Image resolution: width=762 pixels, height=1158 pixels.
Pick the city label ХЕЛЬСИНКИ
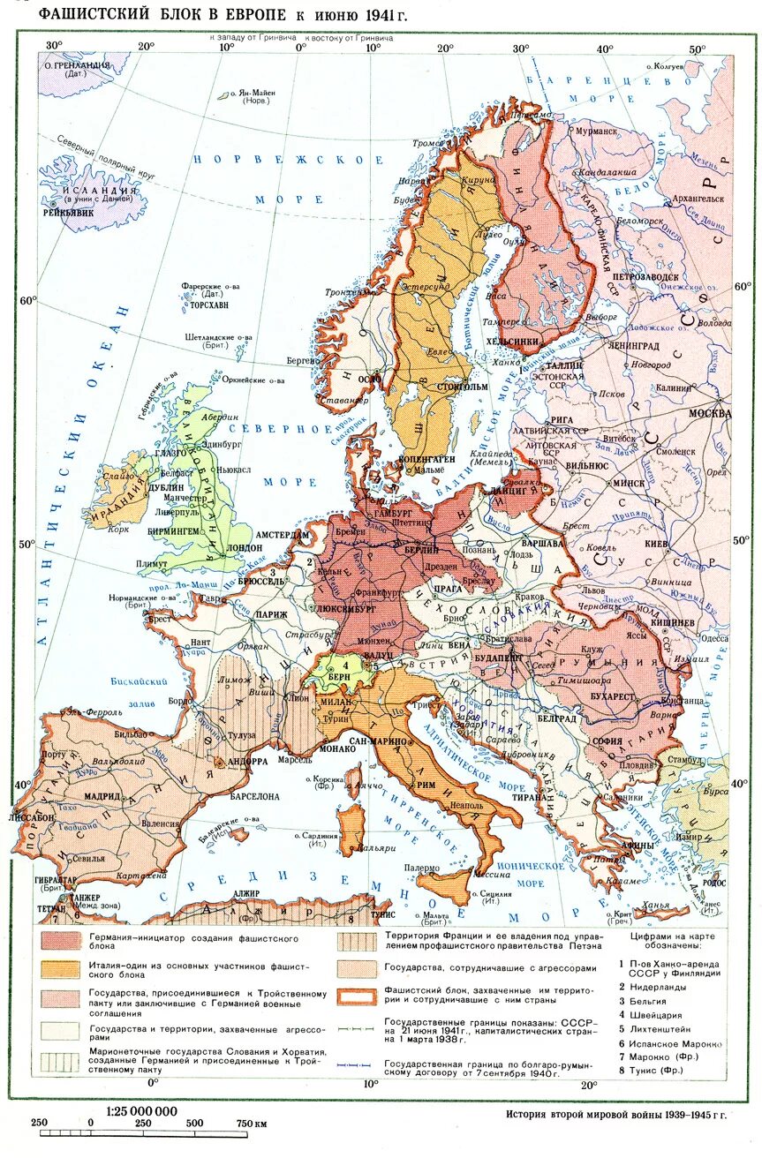click(x=527, y=342)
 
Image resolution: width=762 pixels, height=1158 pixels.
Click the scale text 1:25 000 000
click(x=141, y=1111)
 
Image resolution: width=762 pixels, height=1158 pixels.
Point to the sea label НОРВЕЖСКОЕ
click(x=289, y=160)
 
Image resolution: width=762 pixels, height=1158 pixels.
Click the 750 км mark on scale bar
click(x=253, y=1123)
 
